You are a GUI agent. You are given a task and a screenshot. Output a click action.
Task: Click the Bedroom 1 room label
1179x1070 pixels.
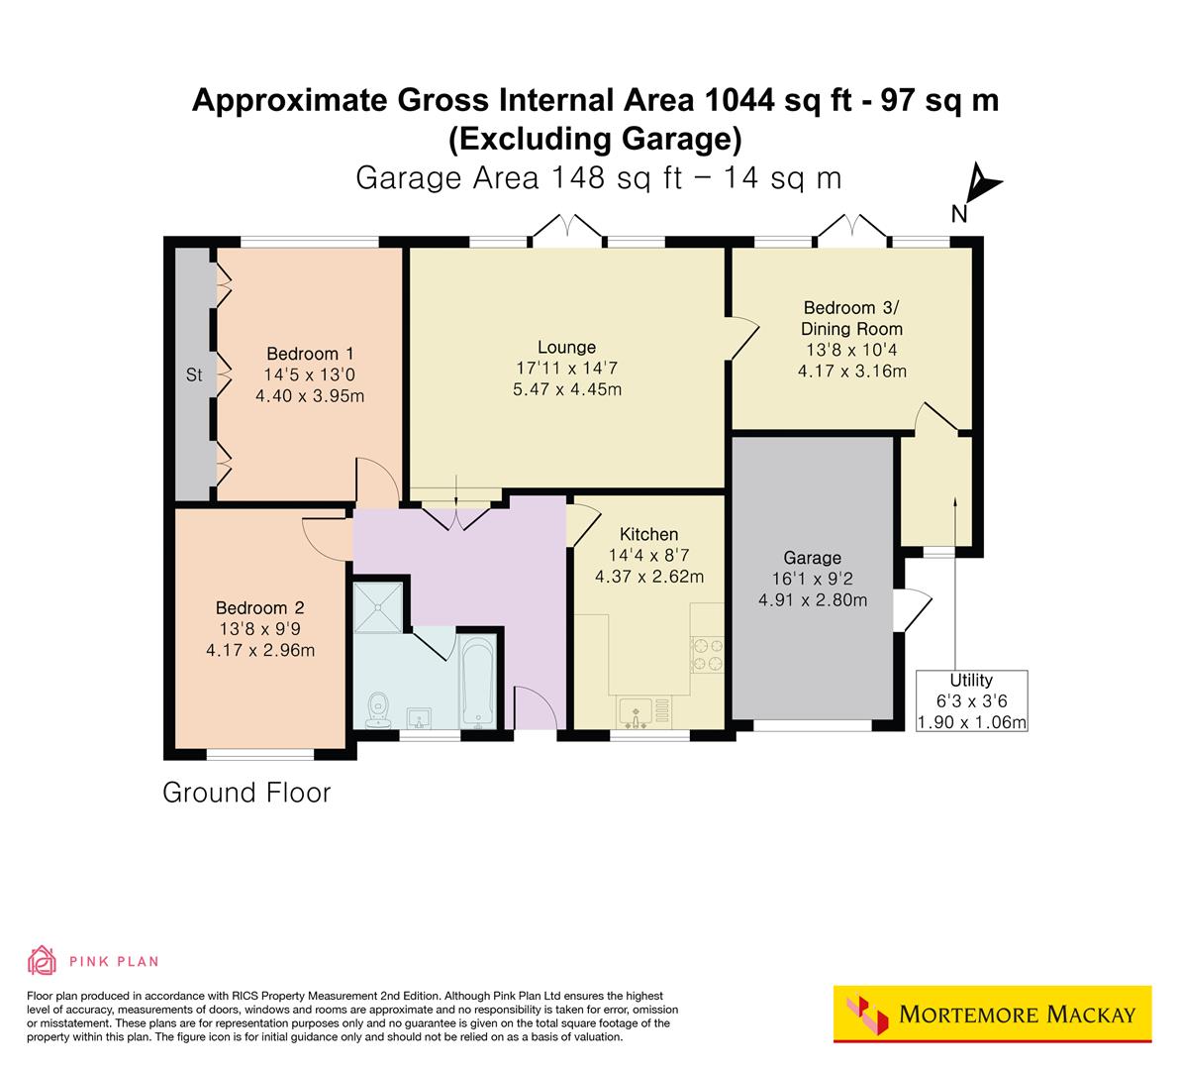310,354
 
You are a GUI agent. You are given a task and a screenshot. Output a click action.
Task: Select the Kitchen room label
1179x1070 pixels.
648,534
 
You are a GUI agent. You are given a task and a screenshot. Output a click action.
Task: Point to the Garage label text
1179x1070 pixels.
812,558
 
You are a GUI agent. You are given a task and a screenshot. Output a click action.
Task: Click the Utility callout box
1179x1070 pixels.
971,700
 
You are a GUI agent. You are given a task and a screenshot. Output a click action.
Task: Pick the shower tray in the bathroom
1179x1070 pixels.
379,605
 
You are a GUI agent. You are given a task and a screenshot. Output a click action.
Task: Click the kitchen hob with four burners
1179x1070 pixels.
707,654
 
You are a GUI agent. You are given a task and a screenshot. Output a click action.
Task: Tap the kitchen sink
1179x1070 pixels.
634,712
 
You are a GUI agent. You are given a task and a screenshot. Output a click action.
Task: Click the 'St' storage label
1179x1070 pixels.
194,375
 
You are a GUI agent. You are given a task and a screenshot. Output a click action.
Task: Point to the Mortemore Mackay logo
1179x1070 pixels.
993,1015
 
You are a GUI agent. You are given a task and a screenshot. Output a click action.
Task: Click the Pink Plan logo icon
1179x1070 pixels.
42,960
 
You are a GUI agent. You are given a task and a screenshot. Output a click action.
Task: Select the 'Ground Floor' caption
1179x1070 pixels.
246,793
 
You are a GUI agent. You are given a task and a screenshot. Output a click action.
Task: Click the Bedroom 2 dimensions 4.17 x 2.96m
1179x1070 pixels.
259,651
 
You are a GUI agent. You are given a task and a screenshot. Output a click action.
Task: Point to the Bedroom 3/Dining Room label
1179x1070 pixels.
851,318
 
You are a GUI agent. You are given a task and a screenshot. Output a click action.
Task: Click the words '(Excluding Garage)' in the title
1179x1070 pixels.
595,139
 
